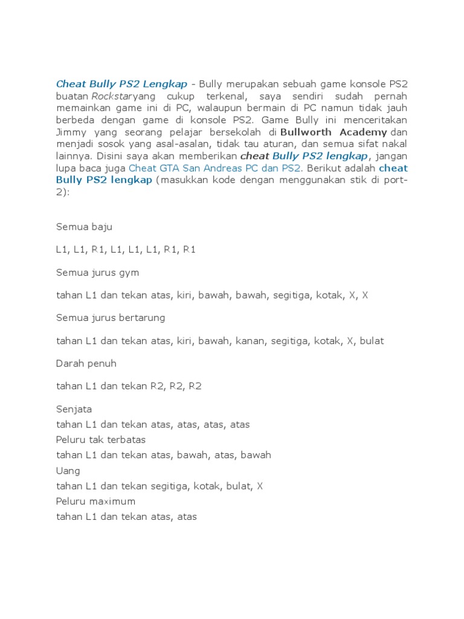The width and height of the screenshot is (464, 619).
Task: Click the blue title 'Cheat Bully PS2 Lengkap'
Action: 121,84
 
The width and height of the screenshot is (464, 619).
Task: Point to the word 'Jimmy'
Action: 71,132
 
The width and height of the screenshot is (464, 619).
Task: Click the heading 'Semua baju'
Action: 84,227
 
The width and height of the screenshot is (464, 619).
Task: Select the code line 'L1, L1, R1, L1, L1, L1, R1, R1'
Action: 126,250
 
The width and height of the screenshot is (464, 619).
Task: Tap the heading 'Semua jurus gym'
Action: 97,273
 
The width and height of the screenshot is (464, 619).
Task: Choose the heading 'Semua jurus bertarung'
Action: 111,318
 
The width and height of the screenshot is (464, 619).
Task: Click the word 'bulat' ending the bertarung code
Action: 372,341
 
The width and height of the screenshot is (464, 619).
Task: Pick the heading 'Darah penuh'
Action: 86,363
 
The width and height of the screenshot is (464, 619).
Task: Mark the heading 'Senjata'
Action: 74,409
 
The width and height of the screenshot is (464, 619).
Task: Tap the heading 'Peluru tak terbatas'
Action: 101,439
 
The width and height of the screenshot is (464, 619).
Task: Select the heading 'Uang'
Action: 68,470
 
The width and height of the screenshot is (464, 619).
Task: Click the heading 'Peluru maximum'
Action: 95,501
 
